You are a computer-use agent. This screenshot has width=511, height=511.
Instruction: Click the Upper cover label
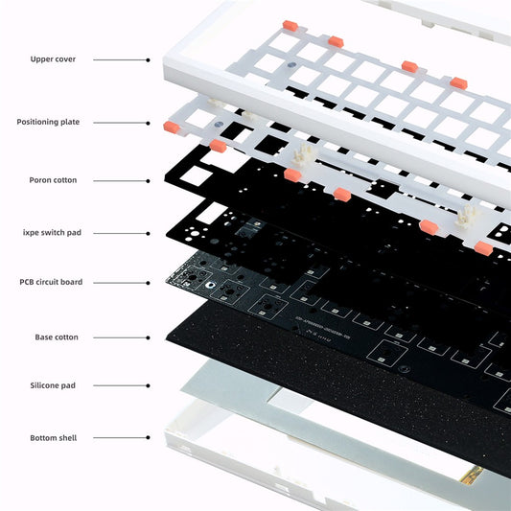point(53,59)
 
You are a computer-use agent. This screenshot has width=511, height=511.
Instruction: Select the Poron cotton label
point(53,179)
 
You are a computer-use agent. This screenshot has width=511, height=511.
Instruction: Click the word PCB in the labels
point(28,282)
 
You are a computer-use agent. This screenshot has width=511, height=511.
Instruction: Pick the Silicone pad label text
point(54,385)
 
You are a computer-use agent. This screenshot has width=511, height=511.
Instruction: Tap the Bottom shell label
point(53,438)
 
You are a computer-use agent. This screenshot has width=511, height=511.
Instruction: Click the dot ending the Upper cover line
point(148,59)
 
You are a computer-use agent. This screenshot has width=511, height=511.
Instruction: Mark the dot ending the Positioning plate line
point(148,122)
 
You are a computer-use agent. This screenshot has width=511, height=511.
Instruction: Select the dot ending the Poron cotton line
point(148,179)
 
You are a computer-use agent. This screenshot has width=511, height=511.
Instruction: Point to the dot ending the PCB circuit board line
point(148,282)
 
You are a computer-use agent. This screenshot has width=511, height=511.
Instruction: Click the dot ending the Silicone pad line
point(148,385)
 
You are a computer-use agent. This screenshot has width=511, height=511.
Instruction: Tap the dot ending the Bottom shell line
point(148,438)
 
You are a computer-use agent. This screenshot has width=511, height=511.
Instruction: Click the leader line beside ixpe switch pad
point(120,232)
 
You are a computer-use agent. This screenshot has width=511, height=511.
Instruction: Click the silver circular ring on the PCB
point(205,285)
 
